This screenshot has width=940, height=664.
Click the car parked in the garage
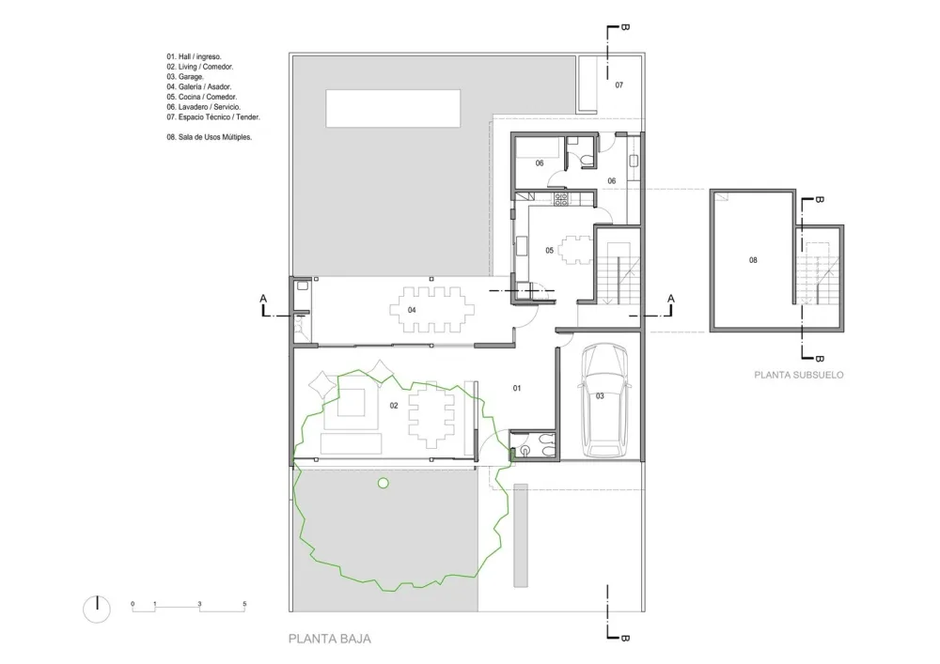pos(604,400)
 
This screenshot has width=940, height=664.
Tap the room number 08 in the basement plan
pos(753,260)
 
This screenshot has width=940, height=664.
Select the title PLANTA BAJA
pos(330,639)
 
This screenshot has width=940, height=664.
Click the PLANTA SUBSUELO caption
pos(798,375)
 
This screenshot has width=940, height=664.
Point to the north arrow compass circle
pos(97,610)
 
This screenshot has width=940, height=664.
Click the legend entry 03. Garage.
pos(185,77)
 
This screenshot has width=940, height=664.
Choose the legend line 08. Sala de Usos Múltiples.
pos(210,137)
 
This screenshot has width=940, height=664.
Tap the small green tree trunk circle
pos(384,483)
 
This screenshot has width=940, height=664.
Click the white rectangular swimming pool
pos(393,108)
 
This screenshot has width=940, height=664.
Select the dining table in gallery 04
pos(431,310)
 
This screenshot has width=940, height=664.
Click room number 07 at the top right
pos(619,85)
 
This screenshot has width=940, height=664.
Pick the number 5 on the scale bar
pos(244,604)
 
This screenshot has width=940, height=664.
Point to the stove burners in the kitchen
pos(560,199)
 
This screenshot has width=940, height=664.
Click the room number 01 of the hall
pos(517,389)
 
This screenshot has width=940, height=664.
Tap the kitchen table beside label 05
pos(575,250)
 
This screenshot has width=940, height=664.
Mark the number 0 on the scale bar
pos(133,604)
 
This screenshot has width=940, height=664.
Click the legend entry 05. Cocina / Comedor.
pos(202,97)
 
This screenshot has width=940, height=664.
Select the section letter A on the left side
pos(263,299)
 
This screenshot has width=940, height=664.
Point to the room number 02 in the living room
pos(394,406)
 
